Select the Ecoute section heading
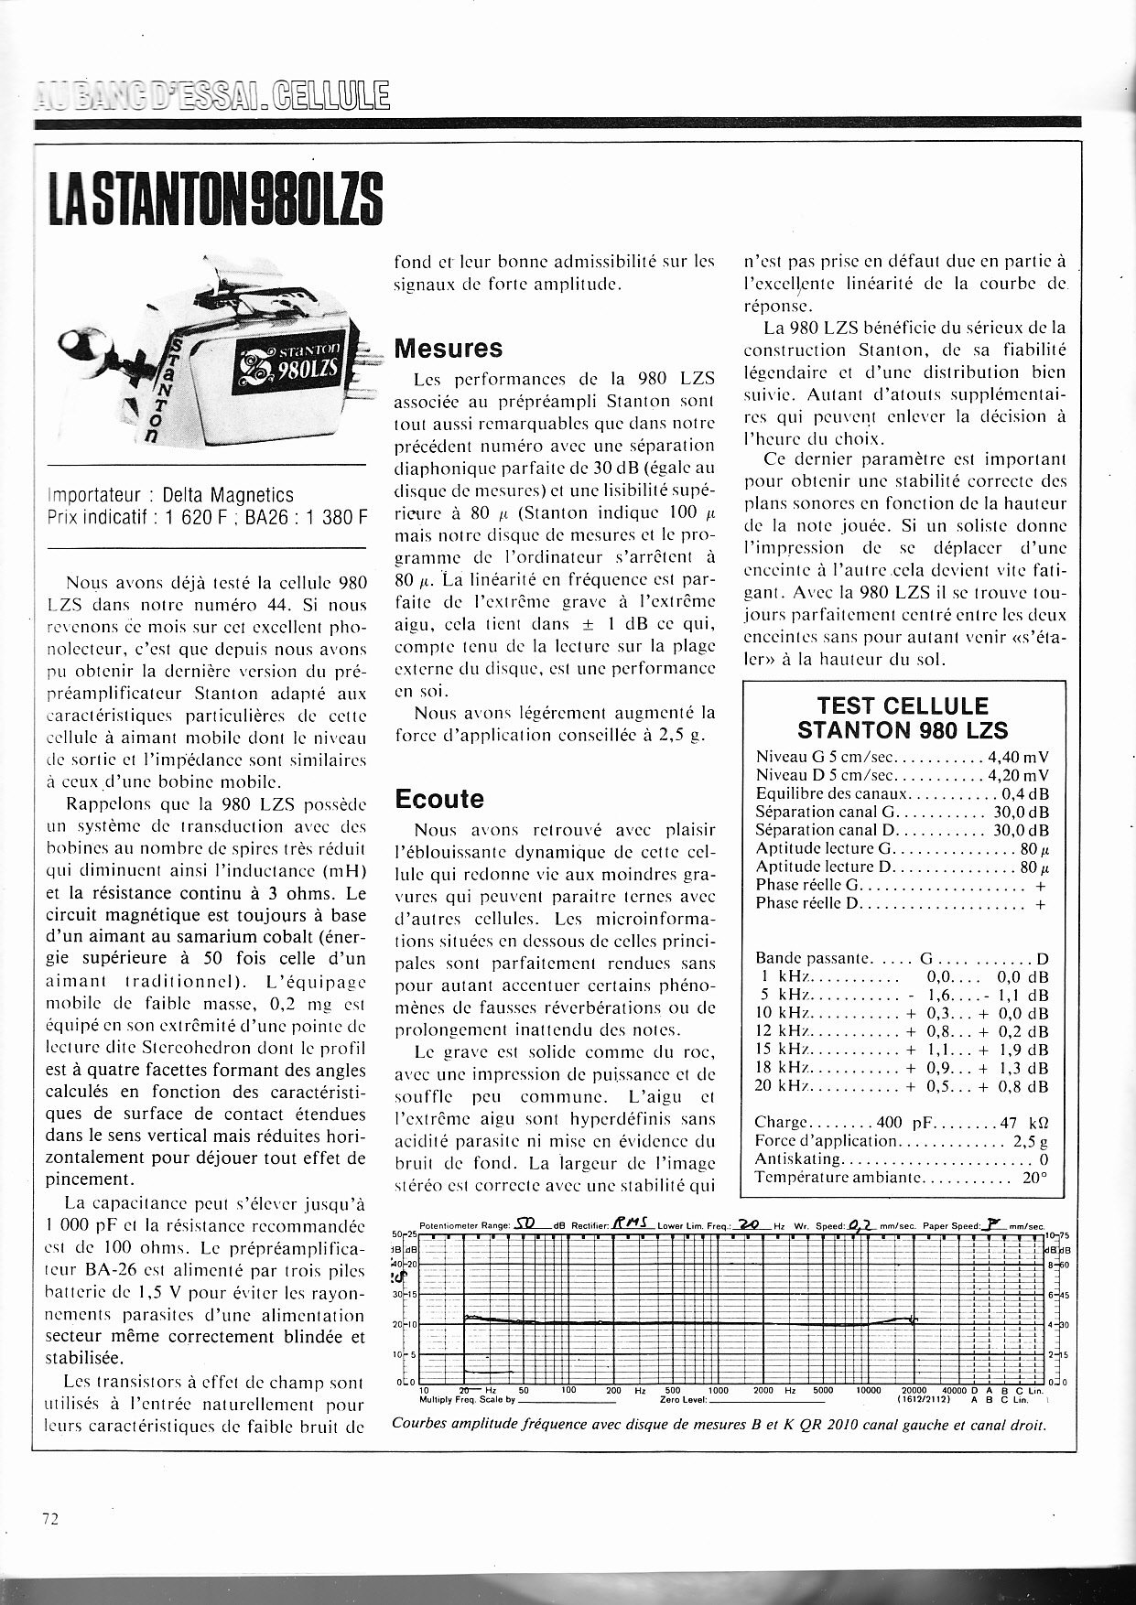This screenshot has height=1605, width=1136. [438, 799]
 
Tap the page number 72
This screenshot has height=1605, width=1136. [50, 1518]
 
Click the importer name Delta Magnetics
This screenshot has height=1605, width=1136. [228, 495]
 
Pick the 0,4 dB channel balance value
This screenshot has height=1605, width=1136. [1025, 794]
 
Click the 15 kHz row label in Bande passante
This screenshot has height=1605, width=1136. [778, 1050]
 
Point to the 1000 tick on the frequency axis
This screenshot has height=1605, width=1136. [719, 1390]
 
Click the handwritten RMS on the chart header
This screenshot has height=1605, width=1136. [631, 1224]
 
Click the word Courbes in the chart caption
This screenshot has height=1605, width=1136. [417, 1425]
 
